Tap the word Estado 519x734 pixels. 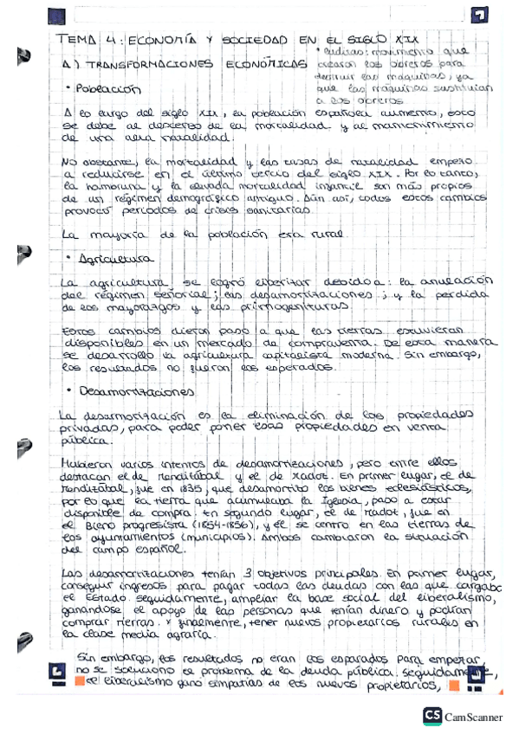pyautogui.click(x=99, y=596)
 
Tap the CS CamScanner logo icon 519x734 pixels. pyautogui.click(x=433, y=715)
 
